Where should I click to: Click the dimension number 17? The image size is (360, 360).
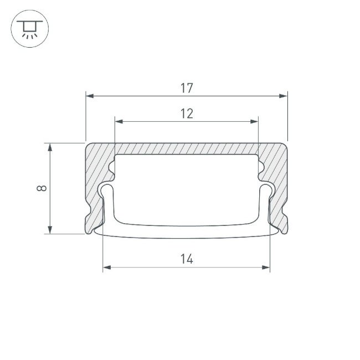click(187, 88)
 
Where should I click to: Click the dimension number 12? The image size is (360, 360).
click(187, 114)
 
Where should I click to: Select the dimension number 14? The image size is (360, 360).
click(187, 259)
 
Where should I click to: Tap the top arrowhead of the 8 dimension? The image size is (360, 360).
click(50, 147)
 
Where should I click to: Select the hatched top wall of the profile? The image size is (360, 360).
click(187, 149)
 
